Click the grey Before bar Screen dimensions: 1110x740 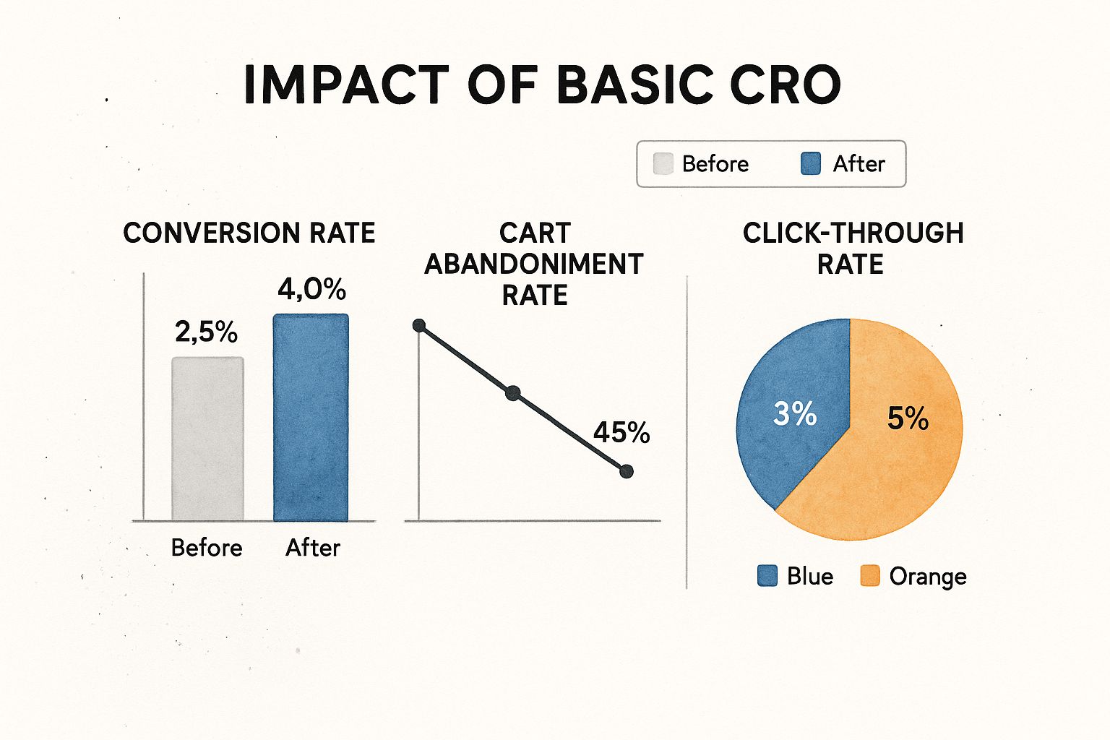tap(207, 439)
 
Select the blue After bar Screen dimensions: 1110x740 tap(311, 418)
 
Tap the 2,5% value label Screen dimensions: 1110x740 tap(206, 332)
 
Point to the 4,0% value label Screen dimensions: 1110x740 tap(311, 289)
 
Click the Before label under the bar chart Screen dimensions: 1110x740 tap(207, 548)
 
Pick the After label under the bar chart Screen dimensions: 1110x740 tap(313, 548)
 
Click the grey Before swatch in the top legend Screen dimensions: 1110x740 tap(663, 163)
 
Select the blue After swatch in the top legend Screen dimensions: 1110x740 tap(811, 163)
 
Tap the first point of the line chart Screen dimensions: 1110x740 tap(419, 326)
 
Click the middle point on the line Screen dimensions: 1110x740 tap(513, 393)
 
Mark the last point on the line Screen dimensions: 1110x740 tap(627, 471)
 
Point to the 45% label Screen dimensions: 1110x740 tap(621, 432)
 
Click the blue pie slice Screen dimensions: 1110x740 tap(798, 406)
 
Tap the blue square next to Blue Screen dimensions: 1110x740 tap(767, 576)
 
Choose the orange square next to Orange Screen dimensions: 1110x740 tap(869, 576)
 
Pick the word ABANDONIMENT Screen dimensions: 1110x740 tap(534, 264)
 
